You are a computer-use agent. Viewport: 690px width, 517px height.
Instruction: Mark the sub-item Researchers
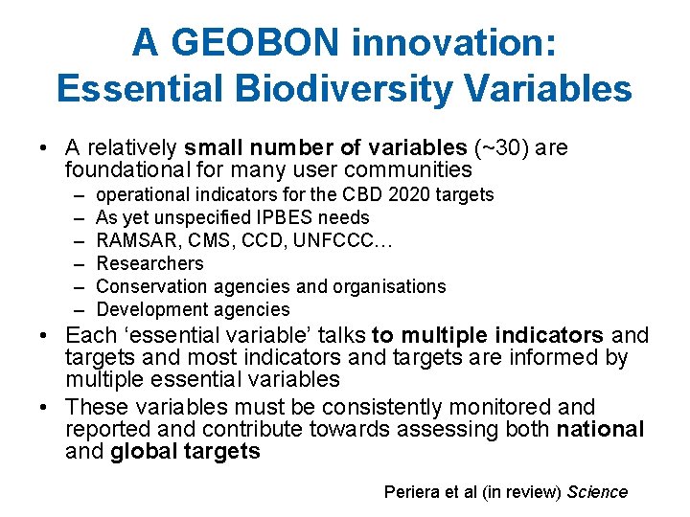(x=150, y=263)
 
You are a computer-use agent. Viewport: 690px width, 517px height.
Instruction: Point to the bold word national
(x=600, y=429)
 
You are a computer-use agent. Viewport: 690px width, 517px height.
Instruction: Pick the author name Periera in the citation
(x=412, y=492)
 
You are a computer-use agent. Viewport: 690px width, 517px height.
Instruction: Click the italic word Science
(x=597, y=492)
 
